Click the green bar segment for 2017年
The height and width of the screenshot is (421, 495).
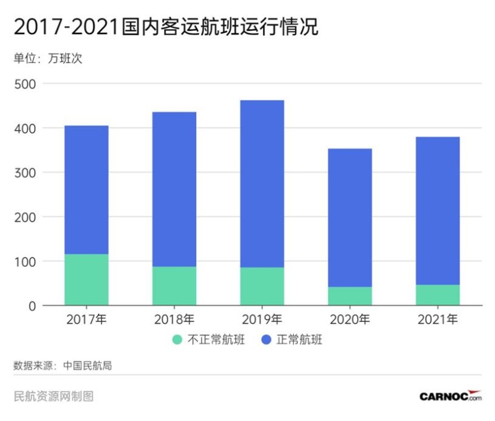pos(86,280)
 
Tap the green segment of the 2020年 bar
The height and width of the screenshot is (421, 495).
pos(350,296)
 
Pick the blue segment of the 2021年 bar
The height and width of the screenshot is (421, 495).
pos(437,210)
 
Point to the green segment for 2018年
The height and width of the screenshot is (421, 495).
pos(174,286)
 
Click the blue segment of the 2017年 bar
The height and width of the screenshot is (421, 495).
pos(86,189)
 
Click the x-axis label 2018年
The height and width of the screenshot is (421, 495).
pos(174,320)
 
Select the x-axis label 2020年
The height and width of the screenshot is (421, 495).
pos(350,320)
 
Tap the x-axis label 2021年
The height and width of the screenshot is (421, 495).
pos(437,320)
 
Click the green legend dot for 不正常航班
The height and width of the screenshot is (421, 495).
pos(178,340)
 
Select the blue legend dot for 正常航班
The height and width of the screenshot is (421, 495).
pos(267,340)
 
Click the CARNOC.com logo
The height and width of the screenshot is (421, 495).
pos(450,396)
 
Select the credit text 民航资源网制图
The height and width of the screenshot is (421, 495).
pos(53,396)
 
